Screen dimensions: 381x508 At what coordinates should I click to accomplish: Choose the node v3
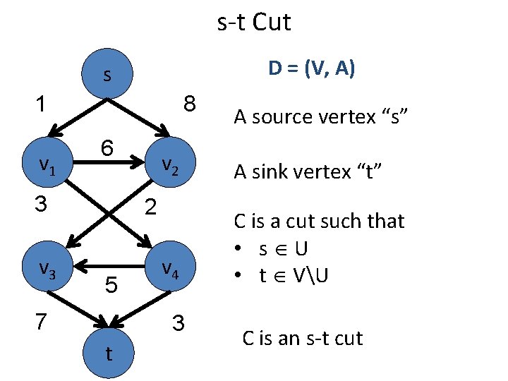(x=47, y=267)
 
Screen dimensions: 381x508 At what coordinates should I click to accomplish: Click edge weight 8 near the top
(x=189, y=104)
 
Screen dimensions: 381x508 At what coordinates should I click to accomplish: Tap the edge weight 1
(x=42, y=104)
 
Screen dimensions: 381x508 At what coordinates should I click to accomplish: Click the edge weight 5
(x=111, y=285)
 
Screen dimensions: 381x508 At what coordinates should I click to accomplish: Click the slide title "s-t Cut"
(x=253, y=23)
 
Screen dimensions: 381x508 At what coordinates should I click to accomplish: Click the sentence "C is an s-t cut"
(x=302, y=338)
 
